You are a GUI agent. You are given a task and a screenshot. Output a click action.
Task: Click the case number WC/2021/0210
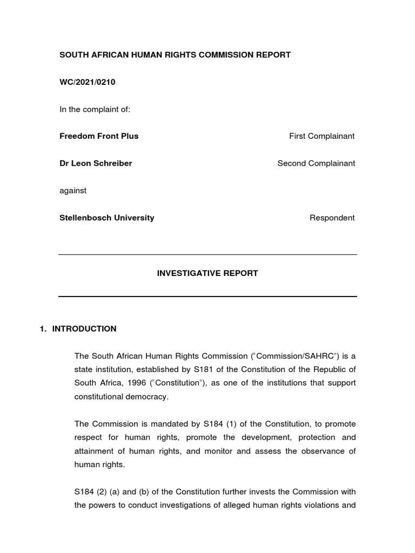[x=87, y=82]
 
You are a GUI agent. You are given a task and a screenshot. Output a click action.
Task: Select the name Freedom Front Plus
[x=99, y=136]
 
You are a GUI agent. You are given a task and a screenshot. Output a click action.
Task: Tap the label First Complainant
[x=322, y=136]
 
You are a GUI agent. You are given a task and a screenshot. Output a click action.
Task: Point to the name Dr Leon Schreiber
[x=96, y=163]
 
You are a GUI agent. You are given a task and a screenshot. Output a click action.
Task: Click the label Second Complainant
[x=316, y=163]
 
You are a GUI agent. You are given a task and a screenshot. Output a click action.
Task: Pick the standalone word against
[x=73, y=190]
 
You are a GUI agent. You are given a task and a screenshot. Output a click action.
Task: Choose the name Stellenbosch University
[x=106, y=218]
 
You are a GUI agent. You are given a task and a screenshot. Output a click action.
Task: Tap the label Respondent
[x=332, y=218]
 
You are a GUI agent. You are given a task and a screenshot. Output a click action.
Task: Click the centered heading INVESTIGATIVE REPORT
[x=207, y=273]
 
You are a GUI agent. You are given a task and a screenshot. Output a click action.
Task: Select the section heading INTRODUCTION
[x=84, y=328]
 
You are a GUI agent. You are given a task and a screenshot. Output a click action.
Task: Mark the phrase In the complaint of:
[x=95, y=109]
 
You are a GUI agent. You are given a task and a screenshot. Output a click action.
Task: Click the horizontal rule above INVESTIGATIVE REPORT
[x=207, y=254]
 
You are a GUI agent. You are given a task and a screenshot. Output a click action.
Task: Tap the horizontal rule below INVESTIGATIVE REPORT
[x=207, y=296]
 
